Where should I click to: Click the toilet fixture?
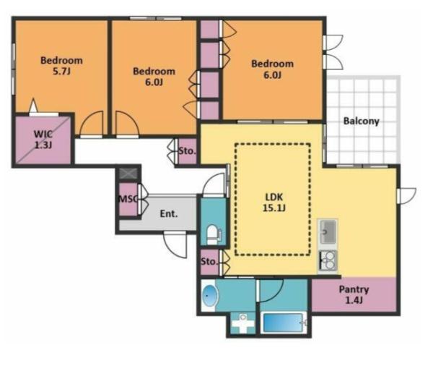pyautogui.click(x=214, y=234)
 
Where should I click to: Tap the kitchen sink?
pyautogui.click(x=328, y=231)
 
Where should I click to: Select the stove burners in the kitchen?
pyautogui.click(x=328, y=260)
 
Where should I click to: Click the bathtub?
pyautogui.click(x=283, y=323)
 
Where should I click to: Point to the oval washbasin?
pyautogui.click(x=210, y=296)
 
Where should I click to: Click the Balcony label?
pyautogui.click(x=362, y=121)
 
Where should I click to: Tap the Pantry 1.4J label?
pyautogui.click(x=354, y=295)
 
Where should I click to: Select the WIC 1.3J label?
pyautogui.click(x=43, y=140)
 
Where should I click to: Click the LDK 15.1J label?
pyautogui.click(x=274, y=202)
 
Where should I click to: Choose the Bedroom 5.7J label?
pyautogui.click(x=61, y=66)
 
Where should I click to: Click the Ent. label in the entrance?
pyautogui.click(x=169, y=213)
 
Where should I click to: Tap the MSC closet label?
pyautogui.click(x=128, y=199)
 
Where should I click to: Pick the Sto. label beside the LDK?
pyautogui.click(x=209, y=262)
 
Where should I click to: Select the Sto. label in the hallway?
pyautogui.click(x=187, y=151)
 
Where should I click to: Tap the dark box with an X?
pyautogui.click(x=128, y=174)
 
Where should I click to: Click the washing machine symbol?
pyautogui.click(x=243, y=323)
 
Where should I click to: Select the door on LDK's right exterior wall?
pyautogui.click(x=407, y=195)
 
